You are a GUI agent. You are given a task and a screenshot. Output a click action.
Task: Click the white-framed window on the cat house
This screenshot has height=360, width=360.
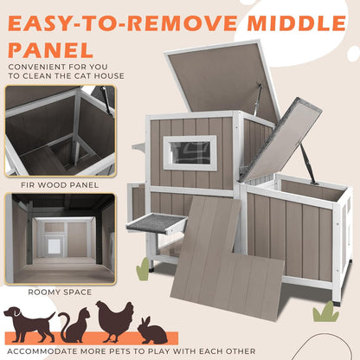(190, 152)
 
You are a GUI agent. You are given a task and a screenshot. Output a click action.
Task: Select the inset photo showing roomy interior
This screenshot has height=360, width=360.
(59, 237)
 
